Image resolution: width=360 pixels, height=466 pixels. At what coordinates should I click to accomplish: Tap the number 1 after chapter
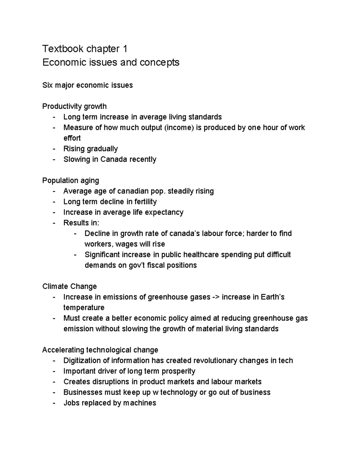tap(125, 48)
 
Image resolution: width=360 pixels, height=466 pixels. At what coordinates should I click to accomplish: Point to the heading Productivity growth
tap(74, 106)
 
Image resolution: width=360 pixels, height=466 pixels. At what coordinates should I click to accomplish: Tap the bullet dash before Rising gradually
tap(54, 149)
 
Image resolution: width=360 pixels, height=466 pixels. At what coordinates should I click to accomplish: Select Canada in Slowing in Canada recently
tap(114, 159)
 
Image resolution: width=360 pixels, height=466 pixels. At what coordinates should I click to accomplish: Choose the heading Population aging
tap(70, 181)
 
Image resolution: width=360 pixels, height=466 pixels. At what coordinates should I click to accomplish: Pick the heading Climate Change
tap(70, 287)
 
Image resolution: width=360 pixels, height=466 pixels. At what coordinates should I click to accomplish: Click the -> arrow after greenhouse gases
tap(216, 297)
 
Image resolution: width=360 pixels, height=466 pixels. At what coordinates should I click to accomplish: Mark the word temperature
tap(84, 308)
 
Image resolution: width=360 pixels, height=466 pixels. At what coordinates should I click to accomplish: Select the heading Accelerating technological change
tap(100, 350)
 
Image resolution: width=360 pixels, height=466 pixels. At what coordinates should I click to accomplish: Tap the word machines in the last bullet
tap(139, 403)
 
